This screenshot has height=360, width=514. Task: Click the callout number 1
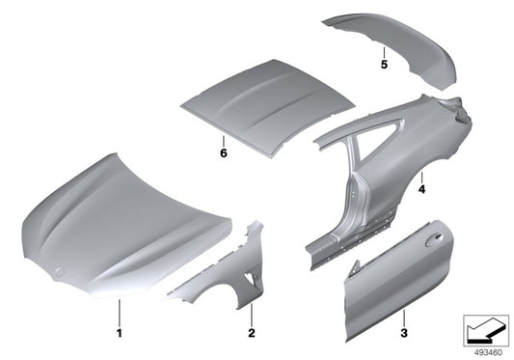(120, 333)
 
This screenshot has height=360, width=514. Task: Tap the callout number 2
(252, 333)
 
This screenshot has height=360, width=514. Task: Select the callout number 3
(404, 333)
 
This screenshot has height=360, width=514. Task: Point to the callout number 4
(421, 189)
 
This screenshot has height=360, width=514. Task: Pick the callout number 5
(384, 65)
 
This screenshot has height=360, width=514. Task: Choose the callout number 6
(223, 152)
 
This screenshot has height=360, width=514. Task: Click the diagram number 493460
(488, 353)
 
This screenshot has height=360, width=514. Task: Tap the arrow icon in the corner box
(486, 330)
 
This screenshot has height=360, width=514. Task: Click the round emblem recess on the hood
(59, 272)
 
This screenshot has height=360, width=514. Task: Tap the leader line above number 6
(223, 141)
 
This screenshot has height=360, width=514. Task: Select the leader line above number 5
(384, 52)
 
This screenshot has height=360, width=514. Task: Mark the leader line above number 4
(421, 178)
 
